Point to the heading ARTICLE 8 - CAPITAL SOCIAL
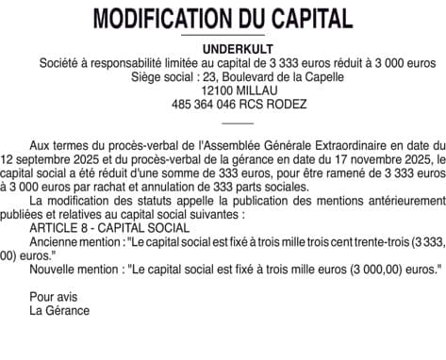point(96,228)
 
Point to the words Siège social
point(161,75)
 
